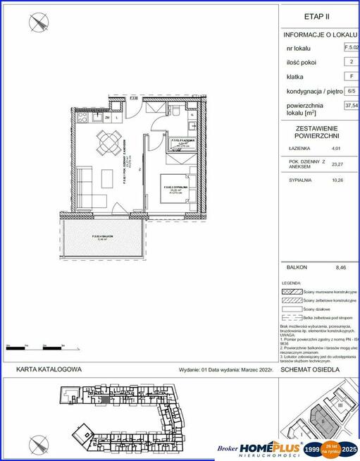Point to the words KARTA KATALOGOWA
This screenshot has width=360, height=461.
pyautogui.click(x=49, y=369)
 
